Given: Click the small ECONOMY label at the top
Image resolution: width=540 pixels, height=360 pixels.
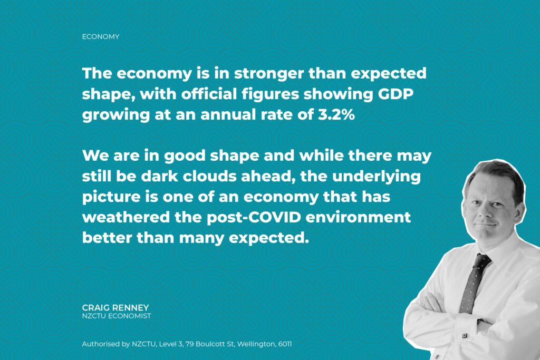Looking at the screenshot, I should click(x=101, y=37).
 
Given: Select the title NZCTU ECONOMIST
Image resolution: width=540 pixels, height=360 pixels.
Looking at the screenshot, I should click(x=117, y=316).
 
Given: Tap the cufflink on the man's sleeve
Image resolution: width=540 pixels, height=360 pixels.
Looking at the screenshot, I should click(x=465, y=335).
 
